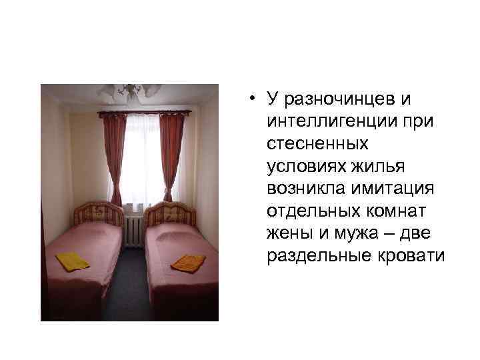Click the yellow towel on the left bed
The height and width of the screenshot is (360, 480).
[x=72, y=261]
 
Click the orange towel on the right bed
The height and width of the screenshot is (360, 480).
[x=188, y=263]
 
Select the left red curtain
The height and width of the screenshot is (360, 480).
[x=108, y=156]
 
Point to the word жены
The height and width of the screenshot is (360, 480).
[x=286, y=233]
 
